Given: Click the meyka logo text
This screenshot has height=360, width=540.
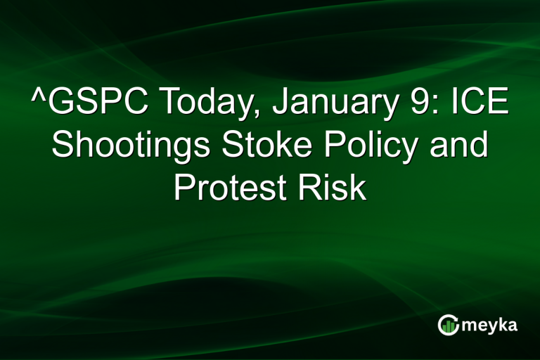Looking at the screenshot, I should click(491, 326).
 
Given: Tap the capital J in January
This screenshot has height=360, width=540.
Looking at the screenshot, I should click(275, 105).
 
